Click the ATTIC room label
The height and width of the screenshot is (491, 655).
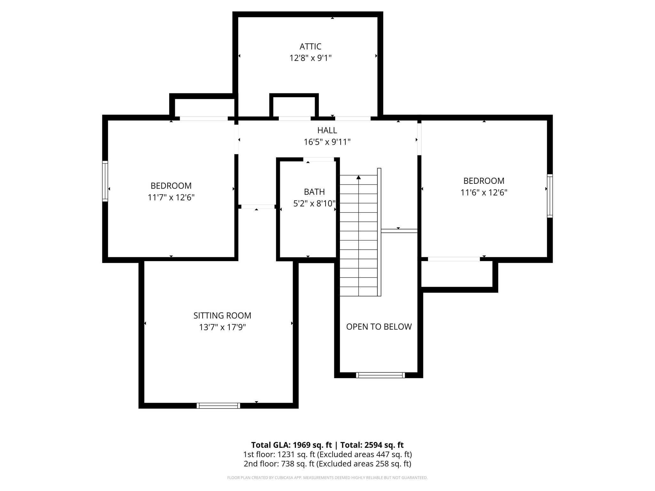tap(310, 47)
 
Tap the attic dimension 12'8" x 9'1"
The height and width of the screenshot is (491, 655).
tap(310, 58)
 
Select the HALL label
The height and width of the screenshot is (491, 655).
tap(327, 130)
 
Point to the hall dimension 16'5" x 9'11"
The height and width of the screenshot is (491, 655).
tap(327, 142)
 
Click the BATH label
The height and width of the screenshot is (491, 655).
tap(314, 192)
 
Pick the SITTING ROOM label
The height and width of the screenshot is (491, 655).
tap(222, 316)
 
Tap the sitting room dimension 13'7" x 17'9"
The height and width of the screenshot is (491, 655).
tap(222, 327)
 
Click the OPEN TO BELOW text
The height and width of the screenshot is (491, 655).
tap(379, 327)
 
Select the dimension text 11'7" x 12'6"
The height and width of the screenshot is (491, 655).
tap(171, 198)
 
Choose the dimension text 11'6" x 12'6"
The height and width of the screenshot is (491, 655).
tap(484, 193)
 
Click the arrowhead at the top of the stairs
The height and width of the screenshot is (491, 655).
tap(359, 177)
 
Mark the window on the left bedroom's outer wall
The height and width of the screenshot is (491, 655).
tap(105, 181)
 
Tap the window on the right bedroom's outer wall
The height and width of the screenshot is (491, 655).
tap(550, 196)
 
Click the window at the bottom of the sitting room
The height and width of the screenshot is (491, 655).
tap(218, 406)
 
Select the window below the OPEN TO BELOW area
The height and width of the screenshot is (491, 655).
tap(380, 375)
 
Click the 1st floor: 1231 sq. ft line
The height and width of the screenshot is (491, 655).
tap(327, 454)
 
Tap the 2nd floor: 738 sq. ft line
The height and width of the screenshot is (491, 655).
tap(327, 464)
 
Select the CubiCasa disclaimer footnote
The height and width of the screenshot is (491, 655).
tap(327, 478)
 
